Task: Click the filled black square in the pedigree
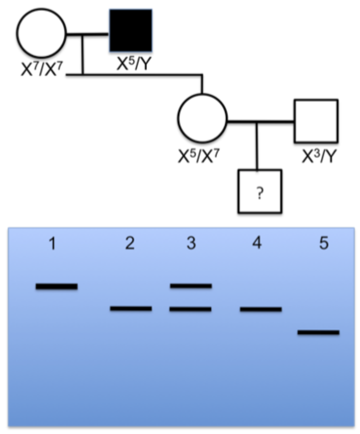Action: pos(131,30)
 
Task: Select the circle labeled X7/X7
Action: pos(41,33)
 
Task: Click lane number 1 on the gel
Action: pos(53,245)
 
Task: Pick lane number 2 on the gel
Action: pos(130,245)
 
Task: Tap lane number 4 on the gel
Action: pos(257,245)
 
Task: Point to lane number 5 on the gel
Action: pos(323,245)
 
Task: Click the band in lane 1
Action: pos(57,286)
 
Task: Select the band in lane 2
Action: pos(131,308)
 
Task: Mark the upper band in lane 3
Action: pos(191,286)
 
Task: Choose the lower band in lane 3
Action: pos(191,309)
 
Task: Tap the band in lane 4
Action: pos(260,309)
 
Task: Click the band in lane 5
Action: pos(318,332)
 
